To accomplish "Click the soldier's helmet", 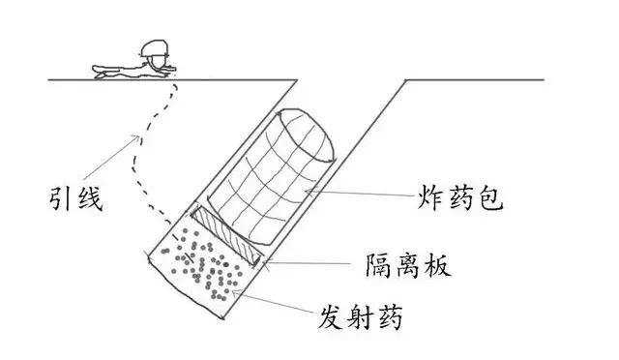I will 152,50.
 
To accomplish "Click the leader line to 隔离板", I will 309,261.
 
